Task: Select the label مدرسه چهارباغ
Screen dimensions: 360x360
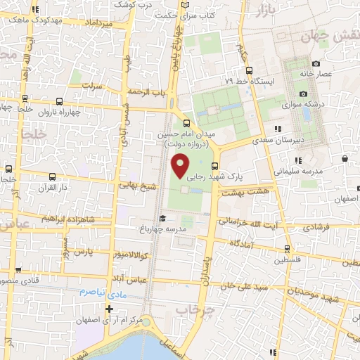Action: click(184, 229)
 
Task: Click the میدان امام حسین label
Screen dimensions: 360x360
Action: click(186, 134)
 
